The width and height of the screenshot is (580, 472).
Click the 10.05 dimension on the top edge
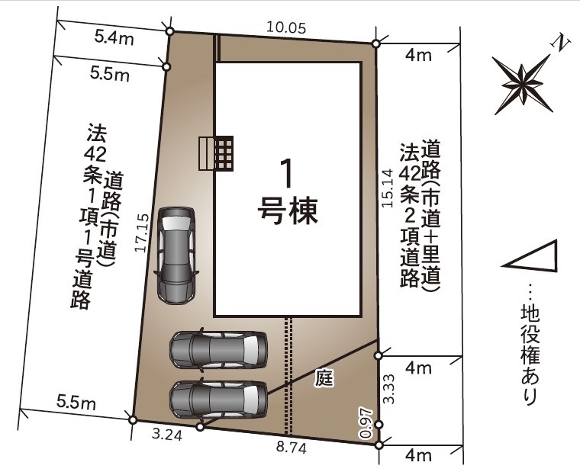click(286, 28)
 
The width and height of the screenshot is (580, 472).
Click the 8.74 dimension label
click(290, 450)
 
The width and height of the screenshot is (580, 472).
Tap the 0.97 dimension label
click(365, 424)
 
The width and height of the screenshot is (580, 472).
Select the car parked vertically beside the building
click(176, 255)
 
